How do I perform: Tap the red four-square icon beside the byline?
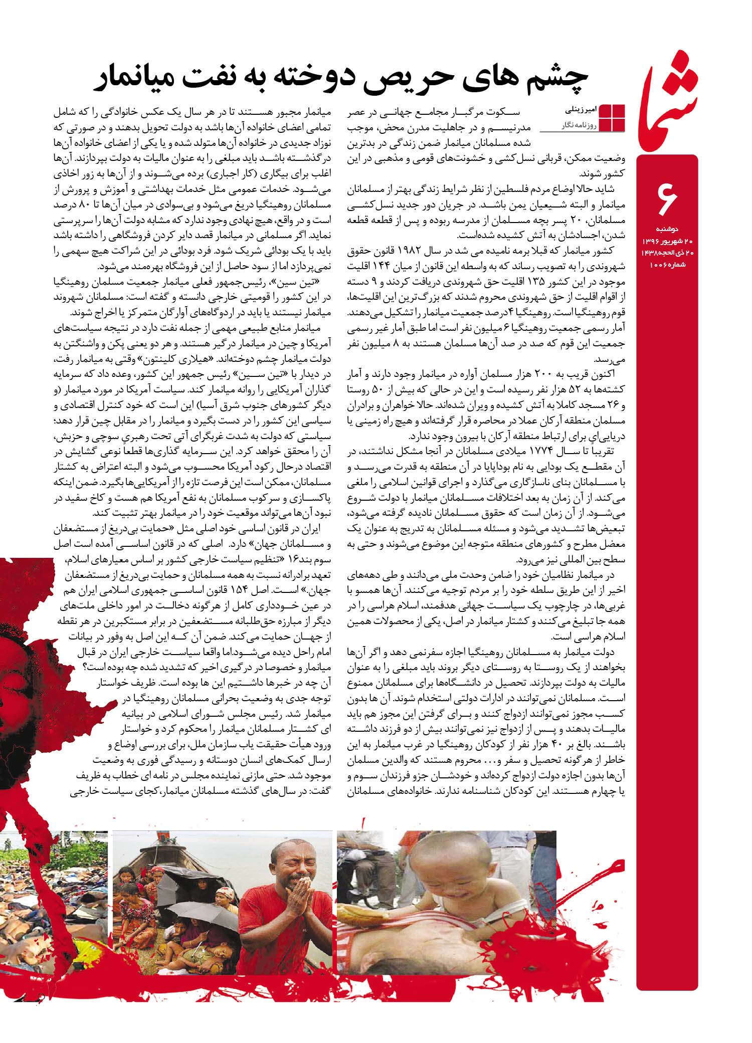[612, 118]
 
